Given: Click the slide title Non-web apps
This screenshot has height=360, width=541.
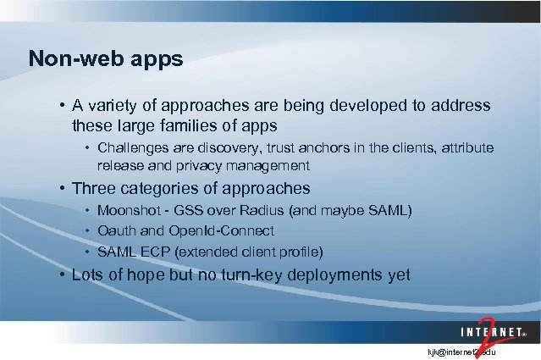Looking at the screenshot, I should pos(105,58).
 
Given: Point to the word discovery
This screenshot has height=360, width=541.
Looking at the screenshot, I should pos(224,148).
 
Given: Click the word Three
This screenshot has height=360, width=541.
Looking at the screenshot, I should pos(94,188).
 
